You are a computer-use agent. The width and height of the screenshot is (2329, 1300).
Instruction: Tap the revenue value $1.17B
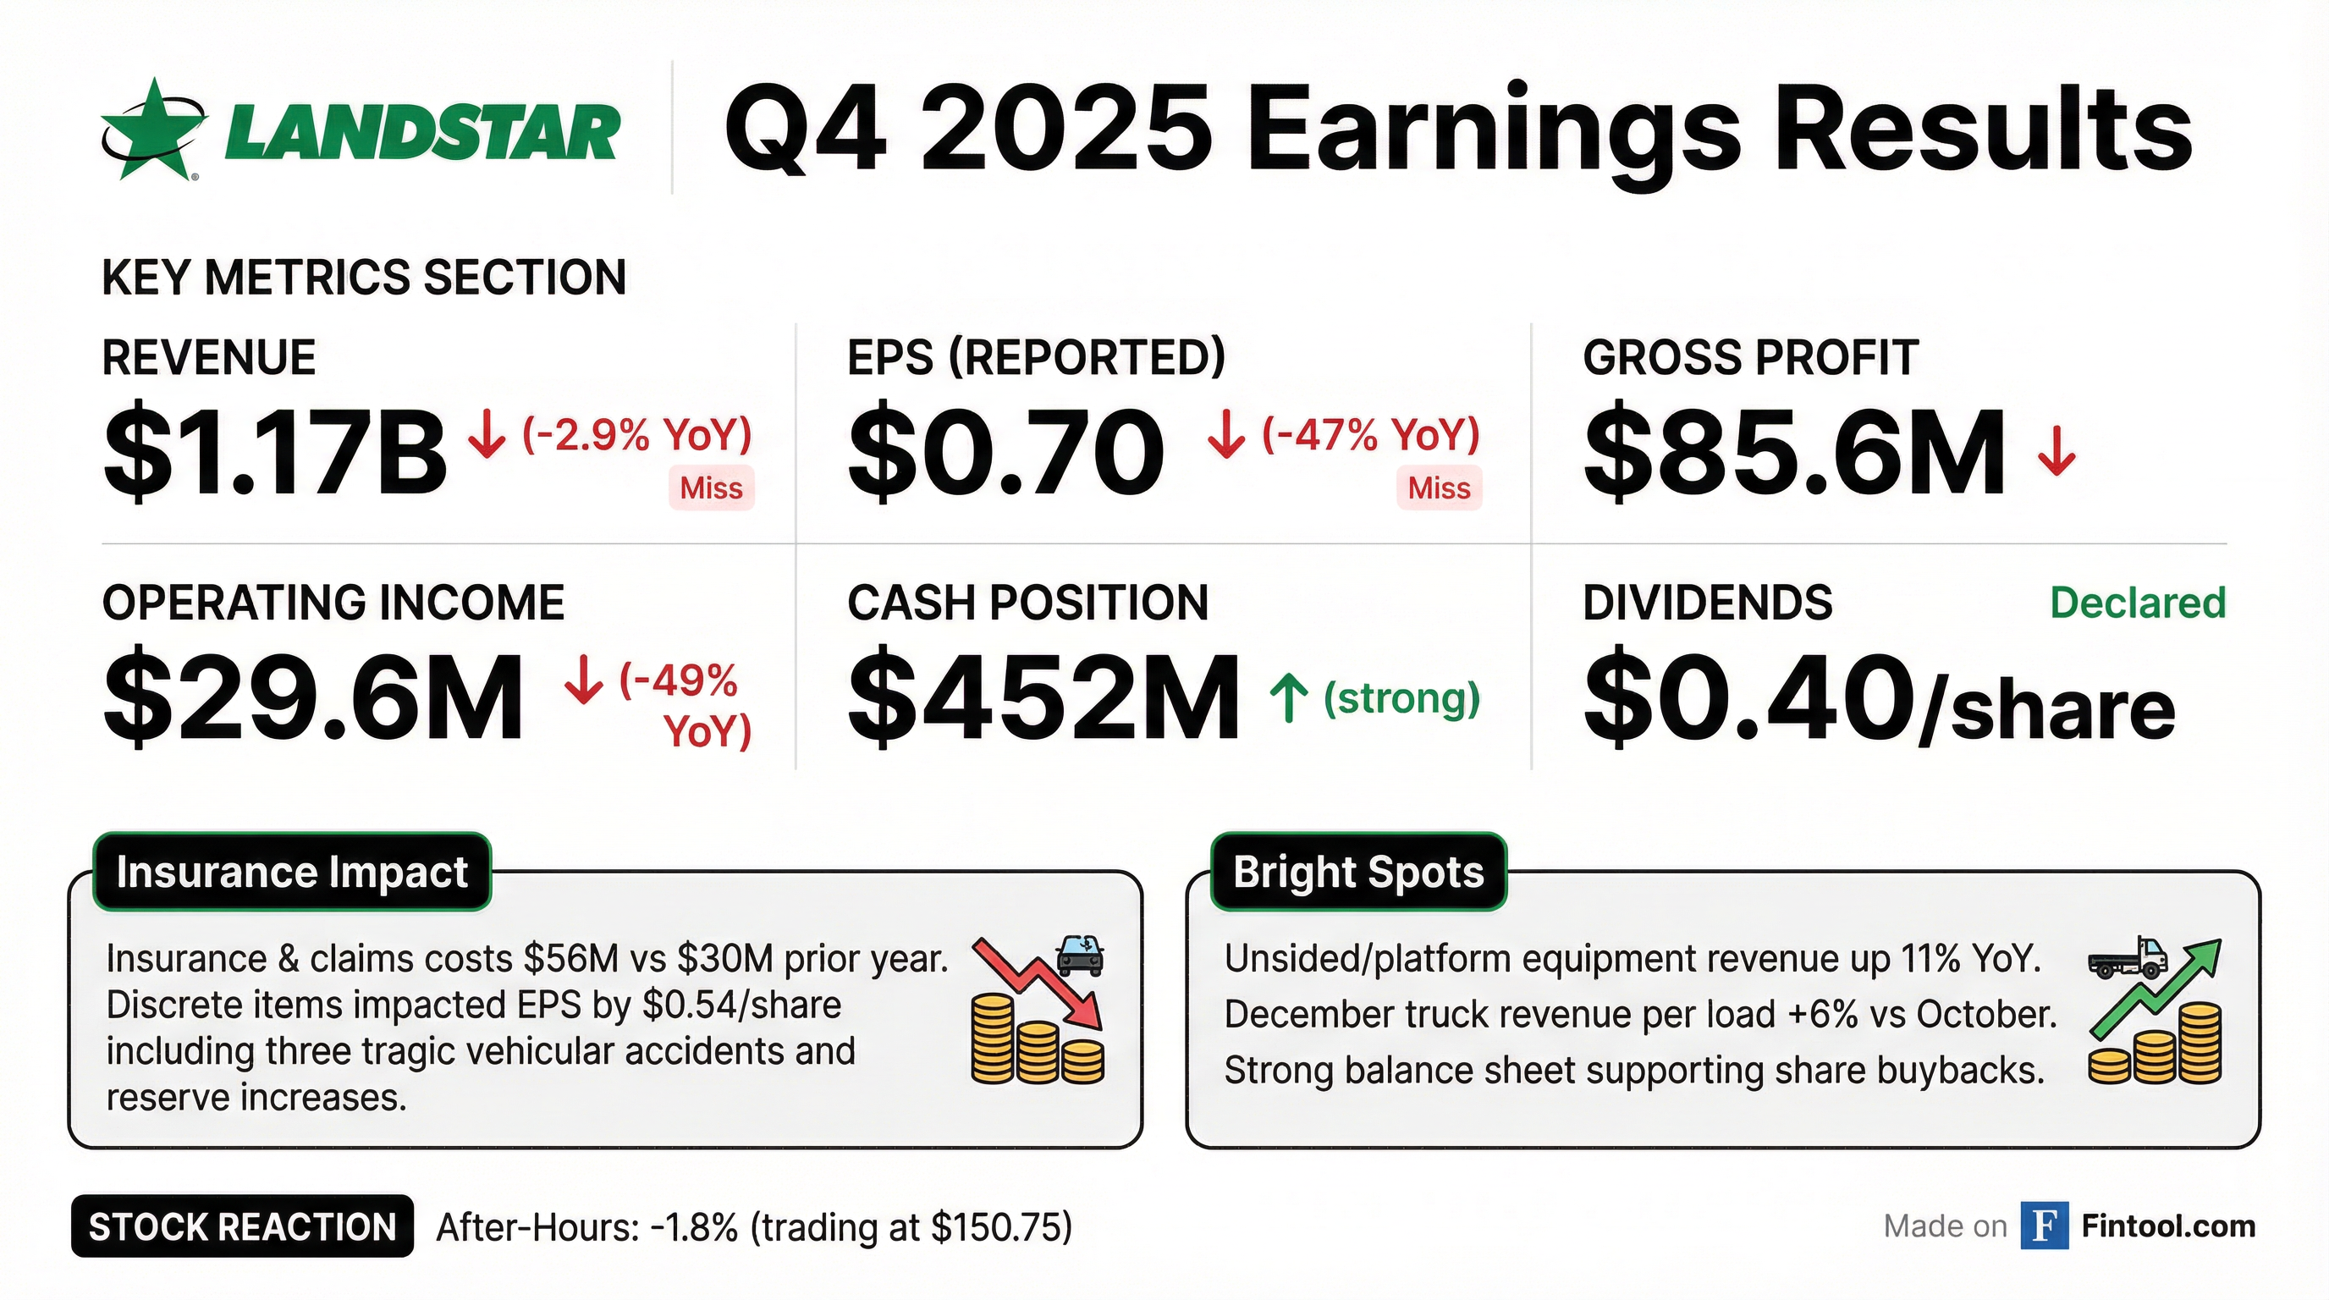(x=275, y=453)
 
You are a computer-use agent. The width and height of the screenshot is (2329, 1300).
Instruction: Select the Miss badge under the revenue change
(x=712, y=488)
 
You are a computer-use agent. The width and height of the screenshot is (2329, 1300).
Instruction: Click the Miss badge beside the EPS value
(x=1440, y=488)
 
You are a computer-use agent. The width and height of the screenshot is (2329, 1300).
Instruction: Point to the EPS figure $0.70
(x=1006, y=451)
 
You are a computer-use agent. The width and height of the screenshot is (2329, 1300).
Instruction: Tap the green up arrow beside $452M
(x=1289, y=699)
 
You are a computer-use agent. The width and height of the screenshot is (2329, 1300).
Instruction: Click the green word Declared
(x=2138, y=603)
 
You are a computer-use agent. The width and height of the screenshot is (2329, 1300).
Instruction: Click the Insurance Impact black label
(x=292, y=872)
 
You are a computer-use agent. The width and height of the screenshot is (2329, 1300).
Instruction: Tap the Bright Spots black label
(x=1359, y=872)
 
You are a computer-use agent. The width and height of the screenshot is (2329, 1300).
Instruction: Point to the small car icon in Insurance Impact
(x=1080, y=955)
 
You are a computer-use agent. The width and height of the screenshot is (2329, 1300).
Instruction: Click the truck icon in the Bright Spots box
(x=2128, y=958)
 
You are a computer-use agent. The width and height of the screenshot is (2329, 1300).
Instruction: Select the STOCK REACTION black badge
(x=242, y=1226)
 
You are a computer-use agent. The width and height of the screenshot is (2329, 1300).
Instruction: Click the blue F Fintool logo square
(x=2044, y=1226)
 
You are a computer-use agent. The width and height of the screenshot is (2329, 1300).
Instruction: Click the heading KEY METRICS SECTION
(x=365, y=278)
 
